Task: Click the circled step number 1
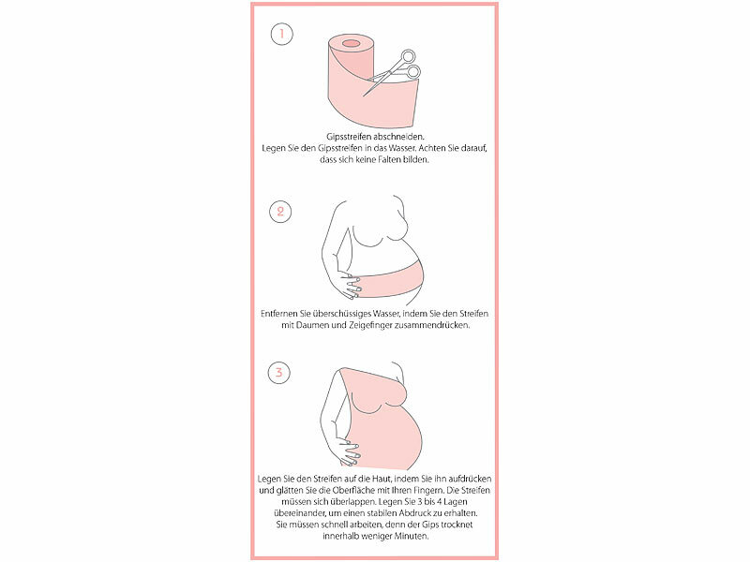(x=281, y=34)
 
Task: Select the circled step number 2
(x=280, y=212)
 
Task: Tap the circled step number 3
(x=278, y=372)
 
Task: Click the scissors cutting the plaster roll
(x=393, y=72)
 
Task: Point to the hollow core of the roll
(x=351, y=43)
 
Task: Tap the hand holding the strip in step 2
(x=348, y=285)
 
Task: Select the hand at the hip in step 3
(x=348, y=452)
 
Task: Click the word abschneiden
(x=399, y=137)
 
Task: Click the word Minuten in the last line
(x=412, y=536)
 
